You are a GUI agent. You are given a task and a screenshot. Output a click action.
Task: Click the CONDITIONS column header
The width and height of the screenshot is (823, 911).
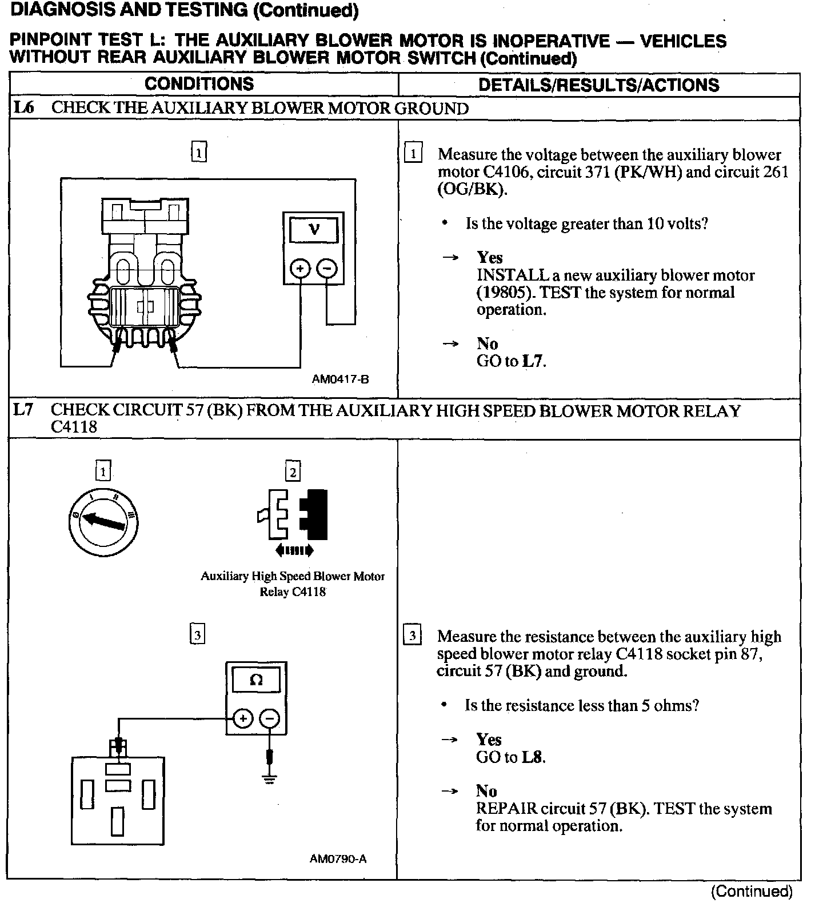[x=199, y=84]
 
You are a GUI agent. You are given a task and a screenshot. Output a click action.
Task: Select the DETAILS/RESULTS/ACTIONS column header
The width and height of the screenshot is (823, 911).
[x=598, y=85]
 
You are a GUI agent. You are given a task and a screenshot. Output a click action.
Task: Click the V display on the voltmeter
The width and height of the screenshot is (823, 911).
[x=314, y=230]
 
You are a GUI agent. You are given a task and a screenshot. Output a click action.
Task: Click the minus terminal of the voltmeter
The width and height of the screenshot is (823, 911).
[x=327, y=267]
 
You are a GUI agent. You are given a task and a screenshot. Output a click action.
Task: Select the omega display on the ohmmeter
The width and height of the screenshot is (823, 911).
[x=256, y=680]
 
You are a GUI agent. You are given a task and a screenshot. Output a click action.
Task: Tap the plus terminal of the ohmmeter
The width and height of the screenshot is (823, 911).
[x=243, y=718]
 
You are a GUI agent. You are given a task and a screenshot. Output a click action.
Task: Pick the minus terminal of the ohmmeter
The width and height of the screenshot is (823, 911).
[x=270, y=718]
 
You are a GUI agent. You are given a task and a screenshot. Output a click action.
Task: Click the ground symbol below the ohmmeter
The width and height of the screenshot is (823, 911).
[x=270, y=778]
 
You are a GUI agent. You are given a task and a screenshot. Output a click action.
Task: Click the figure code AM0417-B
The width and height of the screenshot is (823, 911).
[x=340, y=379]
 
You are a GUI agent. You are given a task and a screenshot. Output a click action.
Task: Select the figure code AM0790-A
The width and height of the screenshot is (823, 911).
[x=338, y=858]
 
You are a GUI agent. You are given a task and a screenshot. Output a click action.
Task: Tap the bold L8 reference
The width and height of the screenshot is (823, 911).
[x=532, y=757]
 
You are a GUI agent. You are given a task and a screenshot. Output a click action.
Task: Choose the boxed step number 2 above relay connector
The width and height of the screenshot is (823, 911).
[x=293, y=472]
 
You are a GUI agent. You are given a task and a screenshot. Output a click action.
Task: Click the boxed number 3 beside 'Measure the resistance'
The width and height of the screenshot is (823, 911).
[x=412, y=636]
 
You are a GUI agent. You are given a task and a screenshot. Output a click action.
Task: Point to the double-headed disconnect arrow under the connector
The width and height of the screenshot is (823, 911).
[x=294, y=550]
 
